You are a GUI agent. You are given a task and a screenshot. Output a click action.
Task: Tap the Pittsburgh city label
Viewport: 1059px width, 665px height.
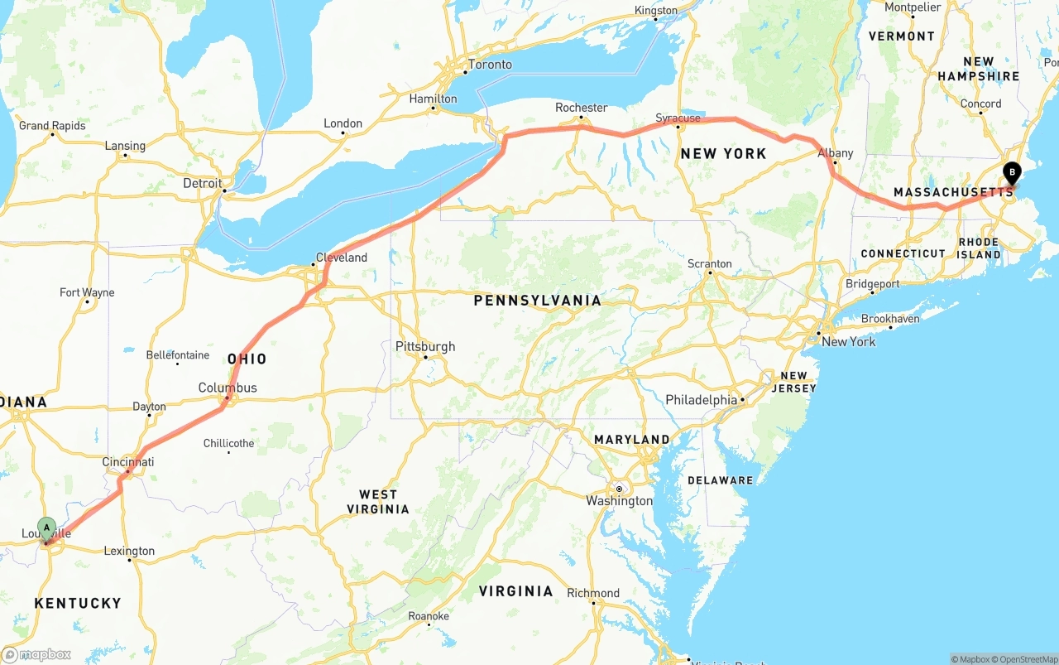(x=425, y=347)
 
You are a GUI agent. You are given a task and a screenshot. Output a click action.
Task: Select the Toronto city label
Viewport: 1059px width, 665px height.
(x=490, y=65)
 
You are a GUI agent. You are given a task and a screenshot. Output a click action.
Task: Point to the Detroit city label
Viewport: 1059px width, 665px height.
(x=203, y=183)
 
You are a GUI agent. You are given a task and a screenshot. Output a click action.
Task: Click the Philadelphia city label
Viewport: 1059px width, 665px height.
(x=701, y=400)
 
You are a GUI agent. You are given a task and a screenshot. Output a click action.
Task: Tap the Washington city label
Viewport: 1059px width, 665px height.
(x=619, y=500)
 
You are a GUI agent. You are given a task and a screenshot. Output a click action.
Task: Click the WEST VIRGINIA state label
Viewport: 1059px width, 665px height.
(x=378, y=501)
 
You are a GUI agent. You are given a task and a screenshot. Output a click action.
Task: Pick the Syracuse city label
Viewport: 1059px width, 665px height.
(x=678, y=118)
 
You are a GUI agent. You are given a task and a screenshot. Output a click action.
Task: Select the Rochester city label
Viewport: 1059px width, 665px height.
(x=581, y=108)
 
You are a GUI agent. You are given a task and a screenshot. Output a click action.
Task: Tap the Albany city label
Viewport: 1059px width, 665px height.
(x=835, y=153)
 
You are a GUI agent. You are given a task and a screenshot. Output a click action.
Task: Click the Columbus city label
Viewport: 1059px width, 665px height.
(x=228, y=388)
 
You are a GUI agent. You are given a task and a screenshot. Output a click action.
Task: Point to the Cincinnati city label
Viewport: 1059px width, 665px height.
(x=128, y=461)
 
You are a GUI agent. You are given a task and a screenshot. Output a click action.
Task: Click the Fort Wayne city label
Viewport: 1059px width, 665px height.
(x=87, y=292)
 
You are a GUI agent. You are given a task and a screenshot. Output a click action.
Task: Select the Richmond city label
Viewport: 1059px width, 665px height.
(x=593, y=593)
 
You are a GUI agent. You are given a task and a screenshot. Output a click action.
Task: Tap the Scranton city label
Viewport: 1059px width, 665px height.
(x=709, y=264)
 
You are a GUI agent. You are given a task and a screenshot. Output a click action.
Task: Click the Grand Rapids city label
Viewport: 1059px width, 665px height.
(x=52, y=126)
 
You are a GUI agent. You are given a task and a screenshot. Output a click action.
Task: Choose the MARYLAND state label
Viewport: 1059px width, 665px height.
(x=631, y=439)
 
